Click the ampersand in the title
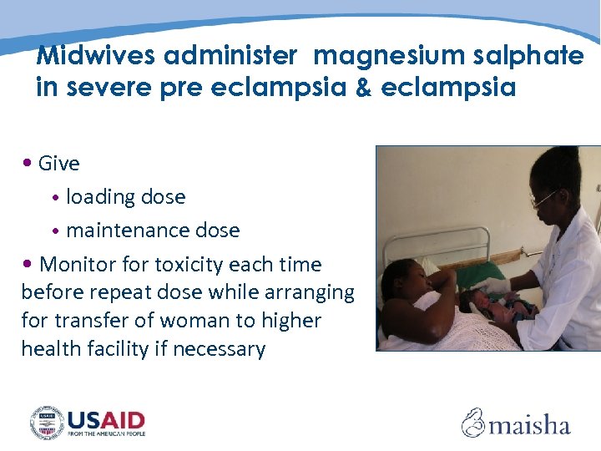point(363,88)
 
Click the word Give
point(59,164)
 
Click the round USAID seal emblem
point(47,423)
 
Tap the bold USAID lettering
point(106,419)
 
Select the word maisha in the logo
point(529,425)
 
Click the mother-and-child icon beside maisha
point(473,423)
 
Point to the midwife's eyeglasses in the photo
point(543,198)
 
